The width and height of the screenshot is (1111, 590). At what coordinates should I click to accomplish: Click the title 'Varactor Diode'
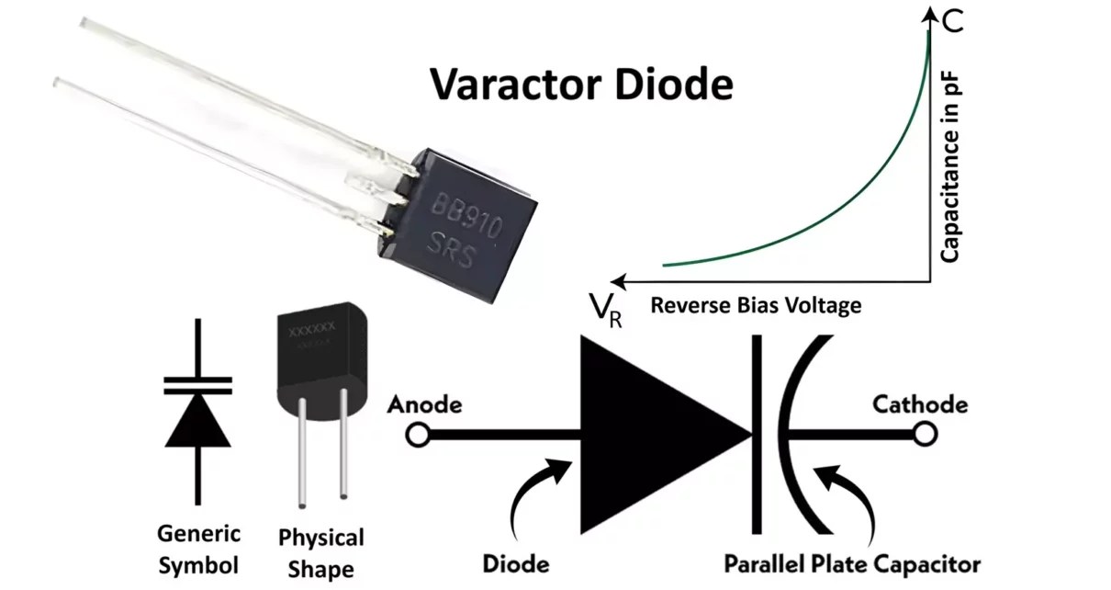coord(582,84)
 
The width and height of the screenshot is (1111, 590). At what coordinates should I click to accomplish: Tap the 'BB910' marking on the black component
coord(467,216)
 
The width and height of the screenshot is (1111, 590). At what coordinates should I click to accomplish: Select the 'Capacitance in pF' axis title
coord(950,171)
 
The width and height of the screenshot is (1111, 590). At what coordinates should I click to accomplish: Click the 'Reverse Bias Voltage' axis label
coord(756,304)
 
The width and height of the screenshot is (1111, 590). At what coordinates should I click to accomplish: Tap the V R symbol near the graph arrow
coord(604,312)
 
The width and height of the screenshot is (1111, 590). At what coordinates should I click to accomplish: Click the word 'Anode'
coord(425,403)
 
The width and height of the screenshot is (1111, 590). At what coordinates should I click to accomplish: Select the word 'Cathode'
coord(919,403)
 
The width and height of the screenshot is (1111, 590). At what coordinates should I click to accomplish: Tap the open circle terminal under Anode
coord(418,434)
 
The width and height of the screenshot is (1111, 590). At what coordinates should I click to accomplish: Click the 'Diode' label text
coord(515,562)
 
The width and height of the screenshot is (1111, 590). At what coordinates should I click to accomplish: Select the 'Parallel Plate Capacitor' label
coord(852,562)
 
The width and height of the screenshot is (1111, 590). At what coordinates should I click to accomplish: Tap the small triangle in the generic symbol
coord(197,424)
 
